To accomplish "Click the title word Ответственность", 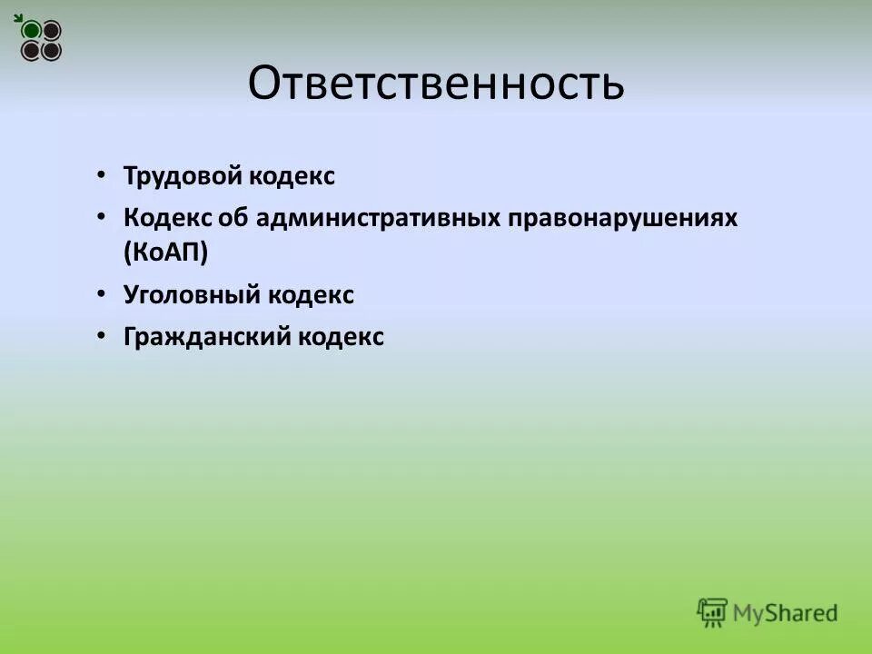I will (436, 84).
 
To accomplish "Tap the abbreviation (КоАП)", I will (166, 253).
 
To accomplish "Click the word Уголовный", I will (192, 295).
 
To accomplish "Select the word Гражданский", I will (206, 338).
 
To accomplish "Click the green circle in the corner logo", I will (32, 31).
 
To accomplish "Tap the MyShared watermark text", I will (785, 612).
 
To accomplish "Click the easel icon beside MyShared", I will (712, 611).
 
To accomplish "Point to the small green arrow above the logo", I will (18, 17).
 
